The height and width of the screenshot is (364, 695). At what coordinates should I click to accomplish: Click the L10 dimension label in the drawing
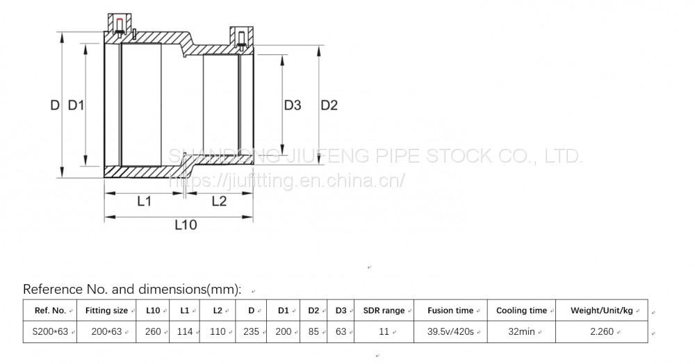[x=186, y=225]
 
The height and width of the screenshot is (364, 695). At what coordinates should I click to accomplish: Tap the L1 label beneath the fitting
[x=144, y=201]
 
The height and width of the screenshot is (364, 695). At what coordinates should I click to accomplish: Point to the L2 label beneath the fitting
[x=219, y=201]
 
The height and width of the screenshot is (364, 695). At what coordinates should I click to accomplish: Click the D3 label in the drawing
[x=293, y=106]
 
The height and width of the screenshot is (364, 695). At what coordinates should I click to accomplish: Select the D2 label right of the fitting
[x=329, y=106]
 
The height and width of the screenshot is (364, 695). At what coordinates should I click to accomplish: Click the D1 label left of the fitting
[x=76, y=106]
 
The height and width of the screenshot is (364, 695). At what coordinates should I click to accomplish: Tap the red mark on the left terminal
[x=119, y=22]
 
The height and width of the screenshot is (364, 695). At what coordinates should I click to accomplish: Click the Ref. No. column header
[x=49, y=311]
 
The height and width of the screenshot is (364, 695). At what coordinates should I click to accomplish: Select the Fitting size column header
[x=106, y=311]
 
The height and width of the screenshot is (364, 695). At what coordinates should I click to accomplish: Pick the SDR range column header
[x=384, y=311]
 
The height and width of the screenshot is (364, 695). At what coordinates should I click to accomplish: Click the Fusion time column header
[x=450, y=311]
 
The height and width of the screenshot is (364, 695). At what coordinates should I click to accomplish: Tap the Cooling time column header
[x=521, y=311]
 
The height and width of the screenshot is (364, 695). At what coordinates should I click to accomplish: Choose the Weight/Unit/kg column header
[x=601, y=311]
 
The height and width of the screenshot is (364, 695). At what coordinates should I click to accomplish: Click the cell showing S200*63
[x=50, y=331]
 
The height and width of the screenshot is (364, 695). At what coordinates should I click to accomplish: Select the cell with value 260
[x=153, y=331]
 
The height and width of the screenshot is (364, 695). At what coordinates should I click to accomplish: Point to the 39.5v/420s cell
[x=450, y=331]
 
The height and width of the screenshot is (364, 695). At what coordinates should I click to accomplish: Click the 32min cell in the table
[x=521, y=331]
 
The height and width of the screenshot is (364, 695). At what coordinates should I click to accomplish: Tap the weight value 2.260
[x=601, y=331]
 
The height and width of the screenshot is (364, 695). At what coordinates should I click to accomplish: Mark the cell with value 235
[x=251, y=331]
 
